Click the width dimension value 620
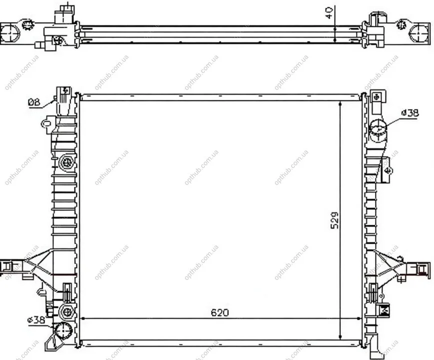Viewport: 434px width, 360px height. click(x=220, y=312)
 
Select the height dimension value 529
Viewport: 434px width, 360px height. click(x=335, y=220)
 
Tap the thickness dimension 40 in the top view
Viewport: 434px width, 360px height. click(x=329, y=13)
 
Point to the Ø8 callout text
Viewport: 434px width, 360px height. click(x=34, y=102)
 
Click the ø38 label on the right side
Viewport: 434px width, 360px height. click(x=410, y=113)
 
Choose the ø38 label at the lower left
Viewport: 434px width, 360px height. click(x=36, y=320)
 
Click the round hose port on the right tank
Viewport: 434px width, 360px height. click(x=378, y=128)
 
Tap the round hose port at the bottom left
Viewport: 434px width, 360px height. click(x=63, y=330)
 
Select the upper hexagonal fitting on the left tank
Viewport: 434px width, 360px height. click(x=66, y=162)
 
